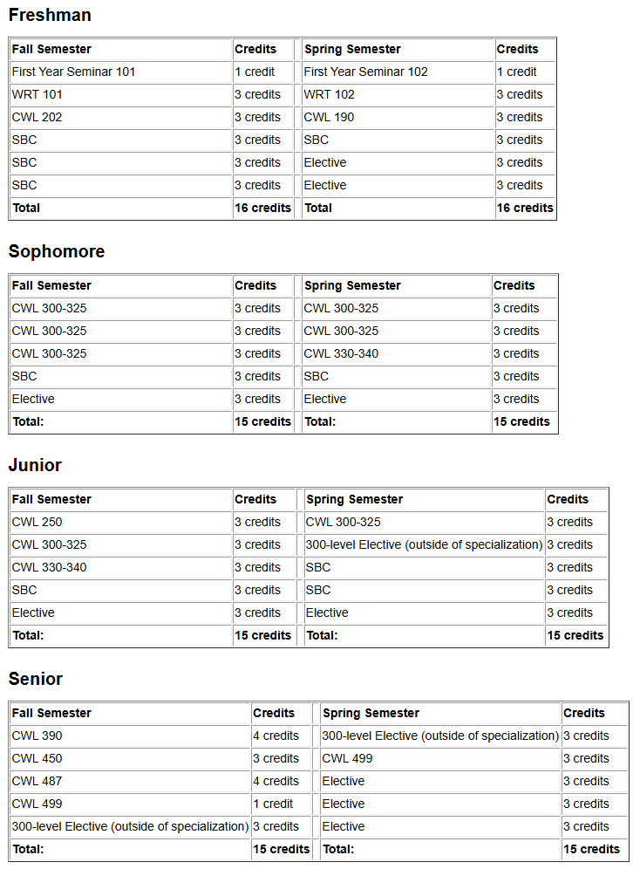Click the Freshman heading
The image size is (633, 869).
pyautogui.click(x=50, y=15)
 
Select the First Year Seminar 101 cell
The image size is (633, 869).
pyautogui.click(x=73, y=72)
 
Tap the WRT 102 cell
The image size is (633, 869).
pyautogui.click(x=329, y=94)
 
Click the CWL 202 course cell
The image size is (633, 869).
pyautogui.click(x=37, y=117)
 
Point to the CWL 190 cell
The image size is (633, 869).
pyautogui.click(x=329, y=117)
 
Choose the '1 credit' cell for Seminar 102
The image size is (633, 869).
pyautogui.click(x=517, y=72)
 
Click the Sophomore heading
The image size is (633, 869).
pyautogui.click(x=57, y=251)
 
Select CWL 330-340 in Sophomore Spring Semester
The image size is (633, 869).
pyautogui.click(x=341, y=353)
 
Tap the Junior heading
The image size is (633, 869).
pyautogui.click(x=35, y=465)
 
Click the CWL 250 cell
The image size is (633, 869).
pyautogui.click(x=37, y=522)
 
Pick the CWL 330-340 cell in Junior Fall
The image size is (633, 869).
pyautogui.click(x=49, y=567)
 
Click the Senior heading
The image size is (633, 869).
pyautogui.click(x=36, y=679)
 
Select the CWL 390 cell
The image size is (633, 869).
pyautogui.click(x=37, y=736)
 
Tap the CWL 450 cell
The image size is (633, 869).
pyautogui.click(x=37, y=758)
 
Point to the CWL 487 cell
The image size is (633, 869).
pyautogui.click(x=37, y=781)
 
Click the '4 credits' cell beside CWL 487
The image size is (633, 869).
pyautogui.click(x=276, y=781)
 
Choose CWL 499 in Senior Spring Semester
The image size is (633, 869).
pyautogui.click(x=347, y=758)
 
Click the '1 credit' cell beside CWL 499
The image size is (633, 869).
pyautogui.click(x=273, y=804)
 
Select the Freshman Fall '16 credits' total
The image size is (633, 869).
pyautogui.click(x=262, y=208)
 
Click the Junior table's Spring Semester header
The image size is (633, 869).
pyautogui.click(x=354, y=499)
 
